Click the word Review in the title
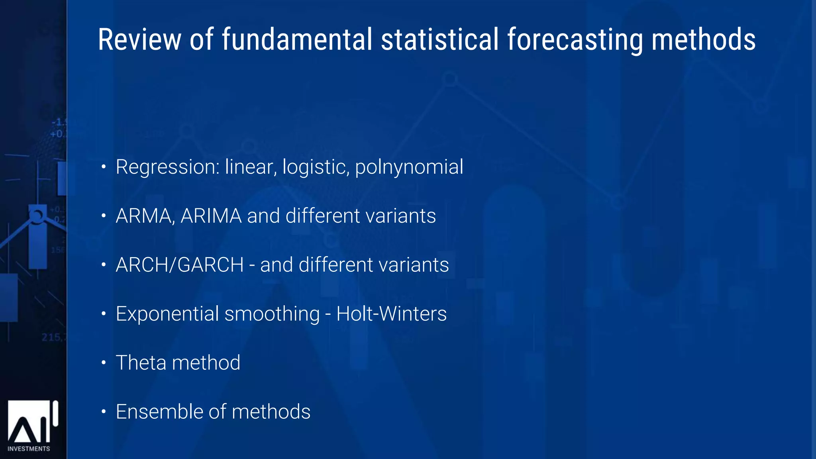pos(139,39)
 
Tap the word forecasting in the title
pos(575,40)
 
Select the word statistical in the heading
pos(439,39)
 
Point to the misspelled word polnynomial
pos(409,167)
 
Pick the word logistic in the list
pos(316,167)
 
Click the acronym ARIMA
pos(211,216)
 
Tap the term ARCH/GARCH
pos(180,265)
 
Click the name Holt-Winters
pos(391,314)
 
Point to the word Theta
pos(141,363)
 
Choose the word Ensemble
pos(158,412)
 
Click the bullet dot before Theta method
pos(104,363)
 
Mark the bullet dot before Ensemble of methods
pos(104,412)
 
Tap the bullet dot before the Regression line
pos(104,167)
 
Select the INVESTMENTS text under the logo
pos(29,449)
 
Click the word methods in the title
pos(703,39)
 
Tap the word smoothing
pos(272,314)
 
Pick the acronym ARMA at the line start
pos(143,216)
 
